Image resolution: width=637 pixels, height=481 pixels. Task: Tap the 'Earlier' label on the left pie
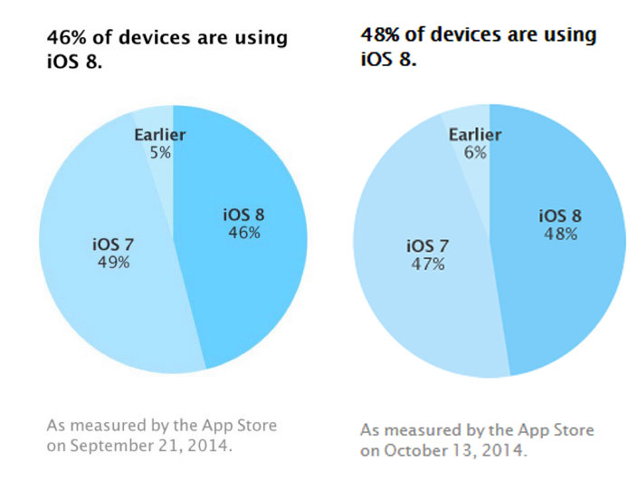pyautogui.click(x=160, y=135)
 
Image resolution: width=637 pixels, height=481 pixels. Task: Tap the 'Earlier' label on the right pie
pyautogui.click(x=476, y=135)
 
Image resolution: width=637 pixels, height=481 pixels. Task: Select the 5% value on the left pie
pyautogui.click(x=159, y=152)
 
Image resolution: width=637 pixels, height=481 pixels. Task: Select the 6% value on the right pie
pyautogui.click(x=475, y=153)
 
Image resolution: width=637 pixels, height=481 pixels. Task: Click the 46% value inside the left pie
pyautogui.click(x=242, y=233)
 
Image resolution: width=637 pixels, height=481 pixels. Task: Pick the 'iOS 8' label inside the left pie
pyautogui.click(x=242, y=216)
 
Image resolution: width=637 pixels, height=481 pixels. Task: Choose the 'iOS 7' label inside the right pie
pyautogui.click(x=426, y=245)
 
